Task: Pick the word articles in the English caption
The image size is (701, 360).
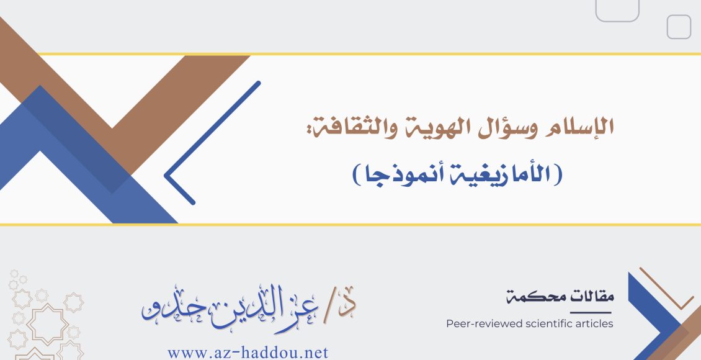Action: pos(593,323)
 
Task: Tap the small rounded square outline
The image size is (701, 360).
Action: pos(679,27)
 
